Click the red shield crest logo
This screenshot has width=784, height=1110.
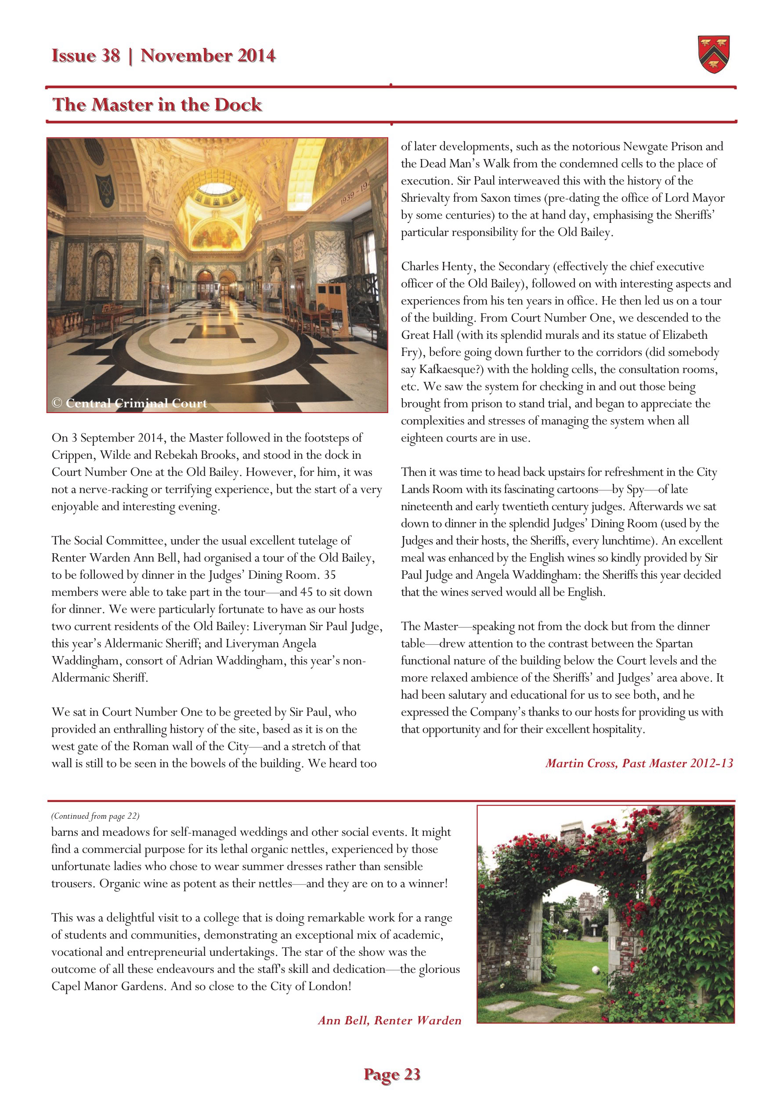(x=713, y=54)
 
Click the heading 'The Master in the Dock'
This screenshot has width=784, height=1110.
(x=157, y=105)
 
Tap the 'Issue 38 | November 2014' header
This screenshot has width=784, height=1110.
(x=163, y=56)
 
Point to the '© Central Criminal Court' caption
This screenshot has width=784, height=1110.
(x=129, y=403)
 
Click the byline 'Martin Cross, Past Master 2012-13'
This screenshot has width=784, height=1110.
(x=639, y=763)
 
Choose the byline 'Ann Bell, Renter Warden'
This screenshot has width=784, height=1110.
(x=390, y=1020)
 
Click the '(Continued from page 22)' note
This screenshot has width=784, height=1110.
(x=95, y=816)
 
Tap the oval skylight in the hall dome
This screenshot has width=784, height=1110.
(x=217, y=189)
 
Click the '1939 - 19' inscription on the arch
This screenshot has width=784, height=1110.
(x=355, y=193)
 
